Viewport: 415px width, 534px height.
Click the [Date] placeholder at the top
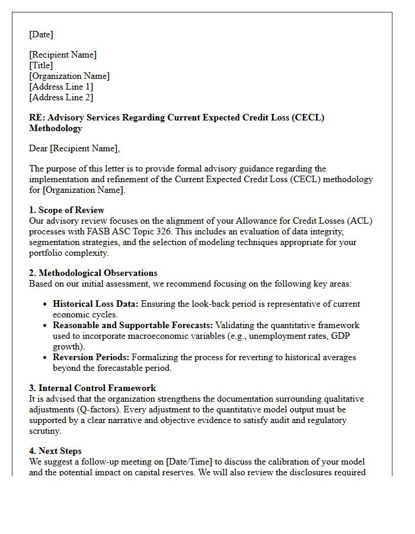click(x=41, y=34)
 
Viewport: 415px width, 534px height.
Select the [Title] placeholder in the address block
click(x=41, y=65)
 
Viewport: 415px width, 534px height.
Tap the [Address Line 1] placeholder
click(x=61, y=87)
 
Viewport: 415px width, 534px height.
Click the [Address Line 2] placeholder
click(x=61, y=97)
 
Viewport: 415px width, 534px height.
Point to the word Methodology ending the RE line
click(x=56, y=128)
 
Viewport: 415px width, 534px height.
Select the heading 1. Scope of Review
click(x=66, y=210)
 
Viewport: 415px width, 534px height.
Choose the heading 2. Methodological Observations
click(x=93, y=273)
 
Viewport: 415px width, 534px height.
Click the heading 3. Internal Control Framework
click(x=92, y=388)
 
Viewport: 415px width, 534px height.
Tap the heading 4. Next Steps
click(x=55, y=451)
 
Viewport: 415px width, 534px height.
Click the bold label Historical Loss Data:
click(x=95, y=304)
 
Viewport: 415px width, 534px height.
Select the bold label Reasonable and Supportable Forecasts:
click(x=133, y=325)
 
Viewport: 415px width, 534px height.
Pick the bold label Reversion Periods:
click(x=91, y=357)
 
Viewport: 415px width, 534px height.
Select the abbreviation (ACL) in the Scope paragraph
click(x=361, y=221)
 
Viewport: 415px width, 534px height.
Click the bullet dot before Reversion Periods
click(x=46, y=357)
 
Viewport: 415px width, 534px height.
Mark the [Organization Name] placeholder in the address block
click(x=69, y=76)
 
